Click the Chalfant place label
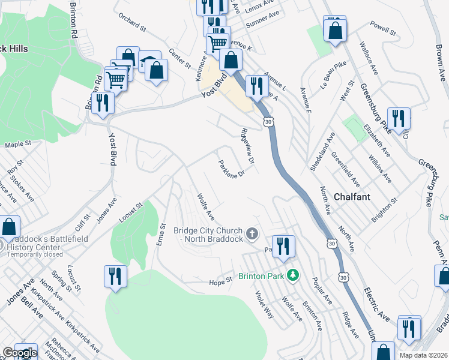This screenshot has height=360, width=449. (x=352, y=196)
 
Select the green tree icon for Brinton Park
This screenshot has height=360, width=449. (x=293, y=275)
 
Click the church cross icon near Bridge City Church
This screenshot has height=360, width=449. (x=252, y=232)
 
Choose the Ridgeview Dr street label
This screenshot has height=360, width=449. (x=248, y=146)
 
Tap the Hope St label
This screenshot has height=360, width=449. (x=220, y=280)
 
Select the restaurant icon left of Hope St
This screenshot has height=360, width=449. (x=115, y=276)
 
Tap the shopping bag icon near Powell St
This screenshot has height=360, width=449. (x=335, y=31)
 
